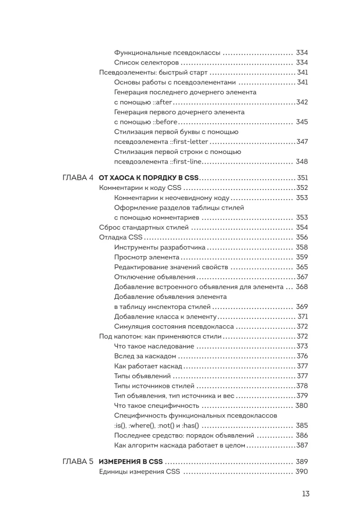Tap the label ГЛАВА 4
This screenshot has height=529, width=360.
pyautogui.click(x=78, y=178)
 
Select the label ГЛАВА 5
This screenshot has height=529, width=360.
pyautogui.click(x=78, y=461)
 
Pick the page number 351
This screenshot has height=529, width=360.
pyautogui.click(x=302, y=178)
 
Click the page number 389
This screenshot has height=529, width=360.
pyautogui.click(x=301, y=461)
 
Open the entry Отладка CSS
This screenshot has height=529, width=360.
pyautogui.click(x=117, y=237)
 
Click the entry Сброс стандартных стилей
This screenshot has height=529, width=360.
pyautogui.click(x=143, y=227)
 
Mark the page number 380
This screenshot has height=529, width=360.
pyautogui.click(x=301, y=406)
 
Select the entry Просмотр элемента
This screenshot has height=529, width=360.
pyautogui.click(x=142, y=257)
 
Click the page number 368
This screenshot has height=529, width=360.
pyautogui.click(x=301, y=287)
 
